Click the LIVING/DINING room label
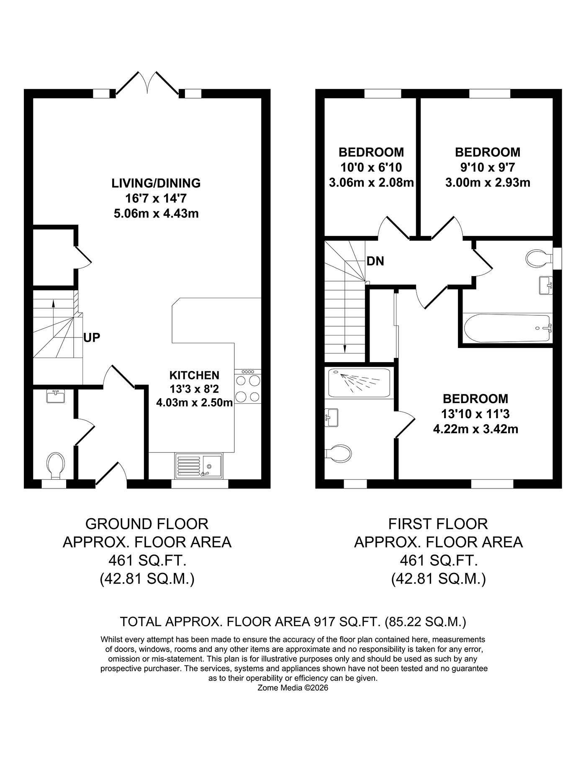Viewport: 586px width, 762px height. click(156, 183)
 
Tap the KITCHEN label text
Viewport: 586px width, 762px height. click(194, 375)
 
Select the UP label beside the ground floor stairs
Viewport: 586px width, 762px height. click(92, 338)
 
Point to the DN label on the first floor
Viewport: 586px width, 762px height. click(375, 261)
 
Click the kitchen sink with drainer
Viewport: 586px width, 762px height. click(199, 465)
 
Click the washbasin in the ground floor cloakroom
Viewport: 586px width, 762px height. click(55, 396)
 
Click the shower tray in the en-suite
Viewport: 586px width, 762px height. click(360, 382)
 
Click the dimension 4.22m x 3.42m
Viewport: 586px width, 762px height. click(476, 429)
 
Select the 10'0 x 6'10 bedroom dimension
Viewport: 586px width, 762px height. click(371, 168)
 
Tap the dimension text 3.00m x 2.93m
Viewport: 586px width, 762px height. click(488, 183)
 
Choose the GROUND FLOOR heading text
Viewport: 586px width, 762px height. click(147, 524)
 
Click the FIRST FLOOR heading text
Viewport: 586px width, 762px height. click(438, 524)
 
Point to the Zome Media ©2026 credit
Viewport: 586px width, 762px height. click(293, 688)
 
